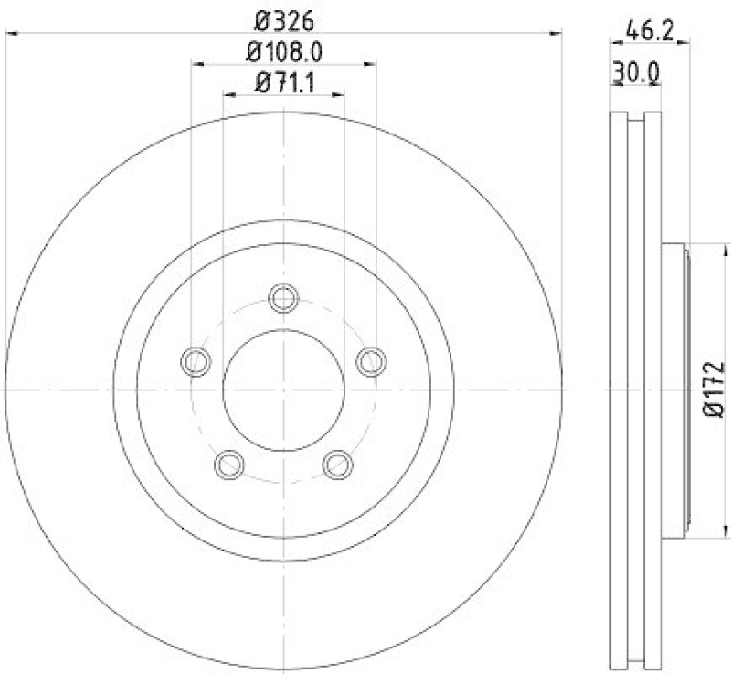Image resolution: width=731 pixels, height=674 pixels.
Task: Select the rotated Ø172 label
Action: click(715, 389)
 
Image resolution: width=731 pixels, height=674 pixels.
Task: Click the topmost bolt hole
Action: click(283, 297)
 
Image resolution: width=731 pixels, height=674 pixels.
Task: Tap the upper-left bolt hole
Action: click(196, 361)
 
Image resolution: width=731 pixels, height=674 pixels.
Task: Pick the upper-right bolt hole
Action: click(371, 361)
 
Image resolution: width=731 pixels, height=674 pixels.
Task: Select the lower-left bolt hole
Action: click(228, 464)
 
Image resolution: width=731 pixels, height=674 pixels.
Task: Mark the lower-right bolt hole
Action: click(338, 464)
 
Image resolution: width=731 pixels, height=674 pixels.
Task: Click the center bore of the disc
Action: click(283, 389)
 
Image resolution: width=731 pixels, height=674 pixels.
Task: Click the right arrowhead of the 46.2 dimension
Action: click(683, 41)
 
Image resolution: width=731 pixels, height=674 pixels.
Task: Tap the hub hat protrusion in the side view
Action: click(673, 389)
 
